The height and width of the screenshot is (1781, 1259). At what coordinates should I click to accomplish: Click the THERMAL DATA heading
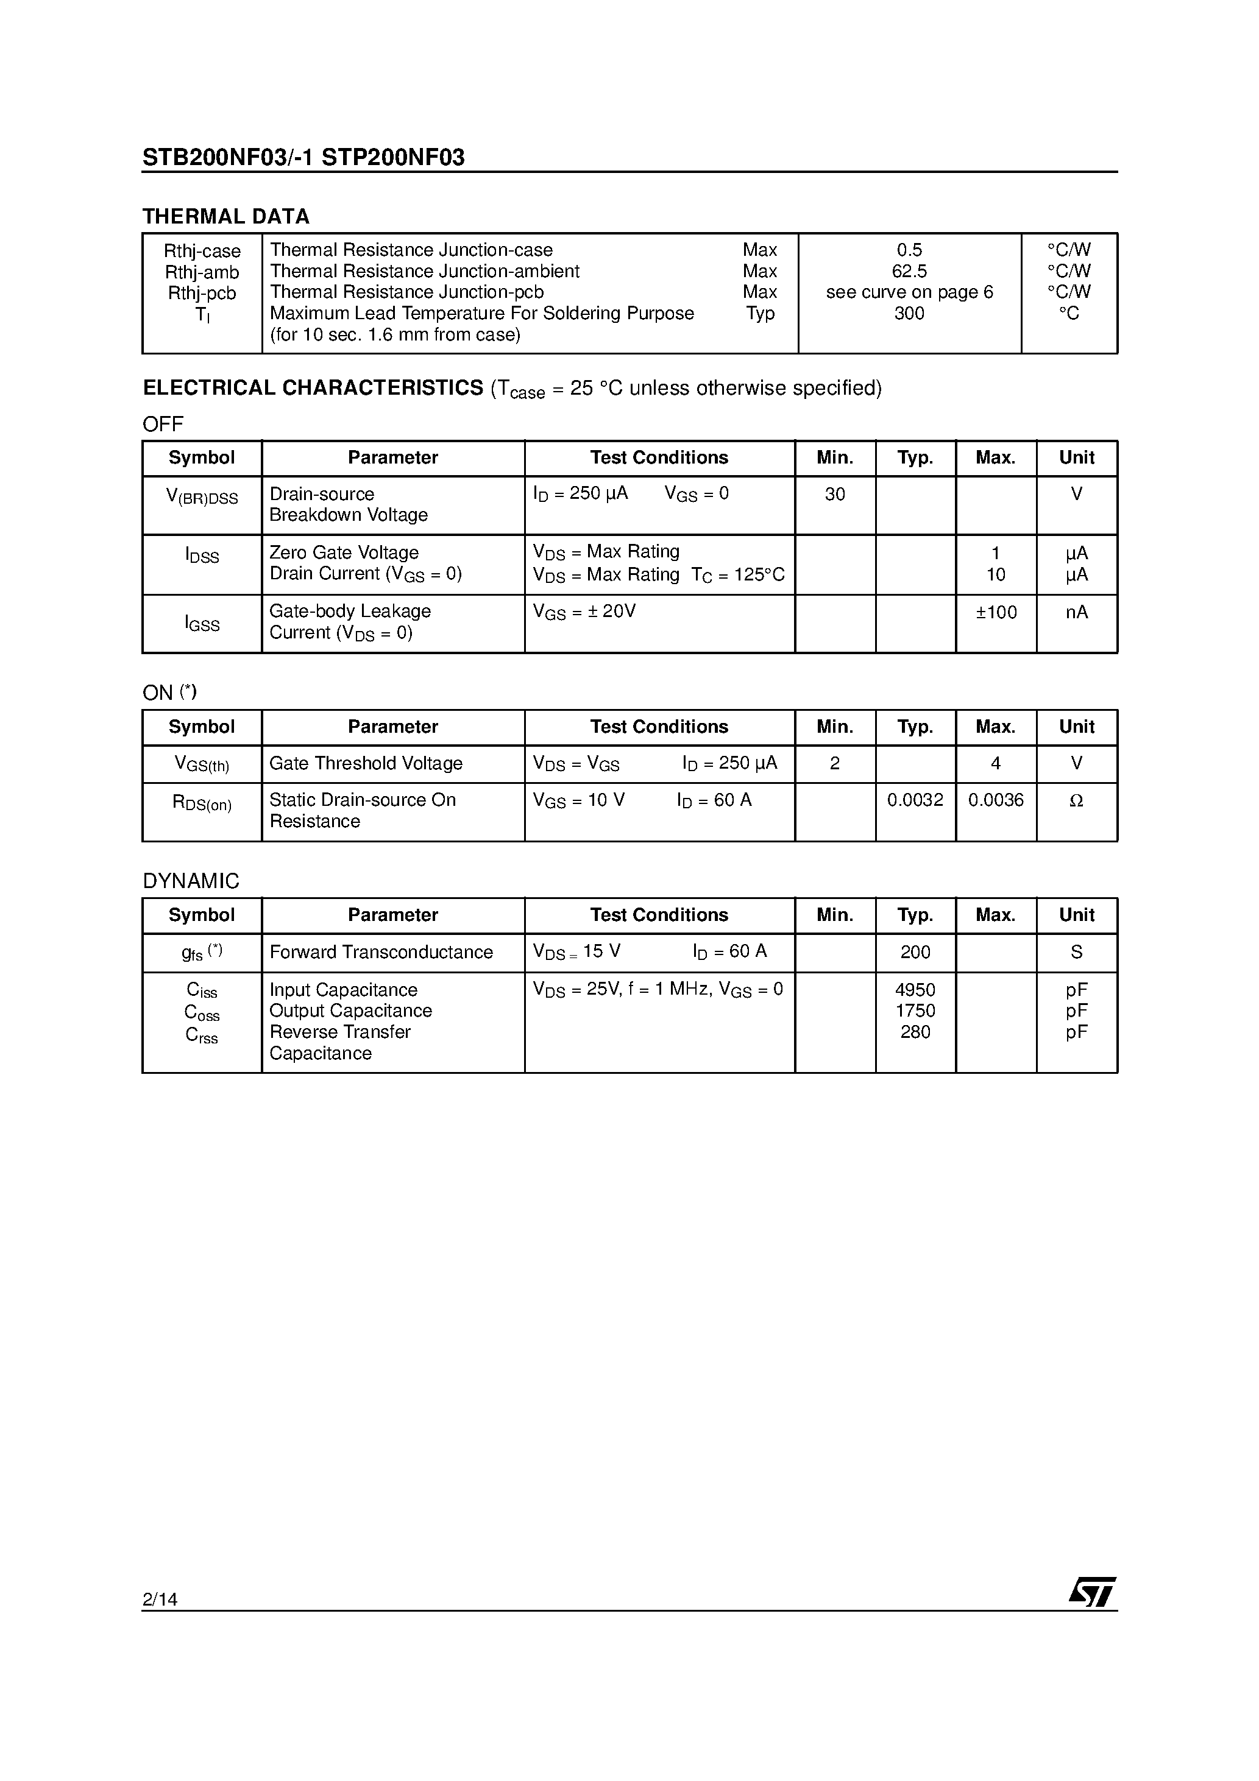tap(226, 216)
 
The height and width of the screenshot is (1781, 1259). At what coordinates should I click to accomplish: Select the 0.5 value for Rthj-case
tap(909, 250)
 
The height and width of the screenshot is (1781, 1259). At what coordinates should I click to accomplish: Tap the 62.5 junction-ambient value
tap(909, 270)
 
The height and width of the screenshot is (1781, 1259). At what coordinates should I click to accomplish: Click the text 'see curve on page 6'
tap(909, 292)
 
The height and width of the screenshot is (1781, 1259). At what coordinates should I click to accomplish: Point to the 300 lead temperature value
tap(909, 314)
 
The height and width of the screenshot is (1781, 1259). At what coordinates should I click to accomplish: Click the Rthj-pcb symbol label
tap(202, 293)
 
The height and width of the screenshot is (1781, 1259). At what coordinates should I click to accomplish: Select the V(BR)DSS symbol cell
tap(202, 497)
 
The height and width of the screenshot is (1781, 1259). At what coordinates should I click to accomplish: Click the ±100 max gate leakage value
tap(996, 612)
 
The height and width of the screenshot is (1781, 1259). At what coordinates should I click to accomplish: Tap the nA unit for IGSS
tap(1077, 612)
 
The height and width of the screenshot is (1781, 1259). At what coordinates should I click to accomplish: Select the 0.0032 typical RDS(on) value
tap(915, 800)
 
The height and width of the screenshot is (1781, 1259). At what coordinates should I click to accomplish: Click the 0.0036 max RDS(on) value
tap(996, 800)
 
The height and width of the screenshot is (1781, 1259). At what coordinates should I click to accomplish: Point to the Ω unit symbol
tap(1077, 800)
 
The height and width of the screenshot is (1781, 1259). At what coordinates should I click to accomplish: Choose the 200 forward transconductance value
tap(915, 952)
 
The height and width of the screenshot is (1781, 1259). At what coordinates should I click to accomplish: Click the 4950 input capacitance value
tap(915, 990)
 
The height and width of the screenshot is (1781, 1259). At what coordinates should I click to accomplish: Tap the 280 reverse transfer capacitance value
tap(915, 1032)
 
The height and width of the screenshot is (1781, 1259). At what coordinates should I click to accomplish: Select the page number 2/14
tap(160, 1599)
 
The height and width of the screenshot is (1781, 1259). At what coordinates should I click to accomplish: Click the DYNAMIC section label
tap(191, 881)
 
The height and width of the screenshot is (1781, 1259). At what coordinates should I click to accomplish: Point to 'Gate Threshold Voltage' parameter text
tap(366, 763)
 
